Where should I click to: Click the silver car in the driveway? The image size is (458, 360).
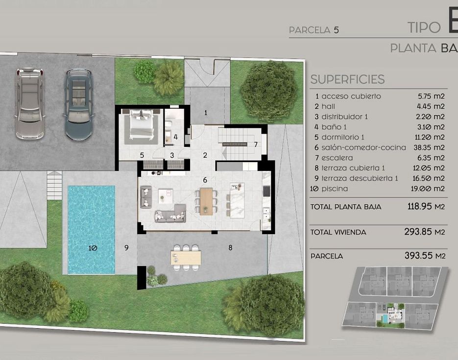(30, 103)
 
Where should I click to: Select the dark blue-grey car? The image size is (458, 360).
(78, 104)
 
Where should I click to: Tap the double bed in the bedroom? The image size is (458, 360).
(142, 123)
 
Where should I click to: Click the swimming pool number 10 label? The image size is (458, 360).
(93, 248)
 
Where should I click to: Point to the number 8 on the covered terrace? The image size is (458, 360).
(230, 248)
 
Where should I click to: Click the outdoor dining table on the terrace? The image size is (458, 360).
(186, 257)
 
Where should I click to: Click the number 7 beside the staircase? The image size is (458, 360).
(256, 144)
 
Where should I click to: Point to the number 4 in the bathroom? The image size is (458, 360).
(175, 137)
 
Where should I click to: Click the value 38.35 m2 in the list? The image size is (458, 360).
(429, 147)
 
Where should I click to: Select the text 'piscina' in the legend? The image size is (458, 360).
(335, 189)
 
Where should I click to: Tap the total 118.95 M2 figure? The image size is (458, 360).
(426, 206)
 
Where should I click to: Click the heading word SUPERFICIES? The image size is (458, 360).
(347, 79)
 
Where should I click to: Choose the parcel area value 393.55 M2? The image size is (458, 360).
(425, 256)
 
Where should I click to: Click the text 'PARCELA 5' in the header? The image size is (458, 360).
(314, 30)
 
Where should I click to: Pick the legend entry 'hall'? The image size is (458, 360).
(328, 106)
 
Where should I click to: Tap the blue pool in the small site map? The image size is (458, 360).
(385, 318)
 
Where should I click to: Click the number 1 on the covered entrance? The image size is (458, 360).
(206, 113)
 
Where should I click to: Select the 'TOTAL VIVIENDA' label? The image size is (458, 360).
(338, 233)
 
